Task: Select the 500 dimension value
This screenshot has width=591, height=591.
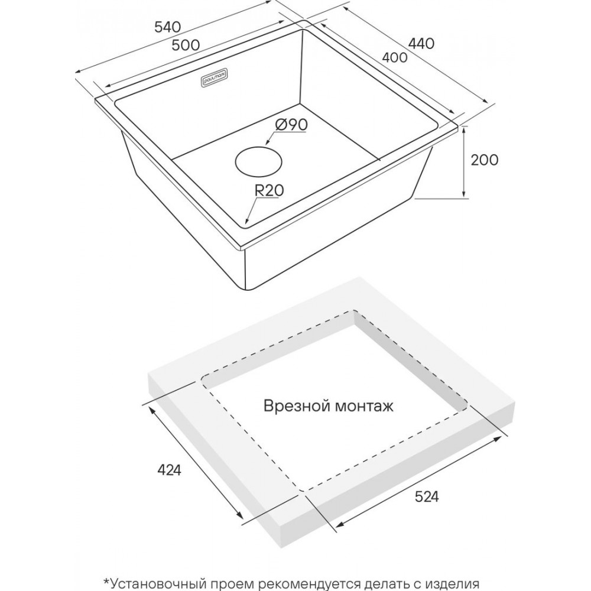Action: [187, 44]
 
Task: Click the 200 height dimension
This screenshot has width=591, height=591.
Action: [485, 160]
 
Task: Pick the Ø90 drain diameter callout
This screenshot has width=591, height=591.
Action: [291, 125]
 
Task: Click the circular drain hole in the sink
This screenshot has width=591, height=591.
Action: [258, 161]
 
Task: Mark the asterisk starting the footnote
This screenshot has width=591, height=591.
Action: [107, 580]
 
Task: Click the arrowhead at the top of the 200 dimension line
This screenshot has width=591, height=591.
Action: [465, 129]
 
